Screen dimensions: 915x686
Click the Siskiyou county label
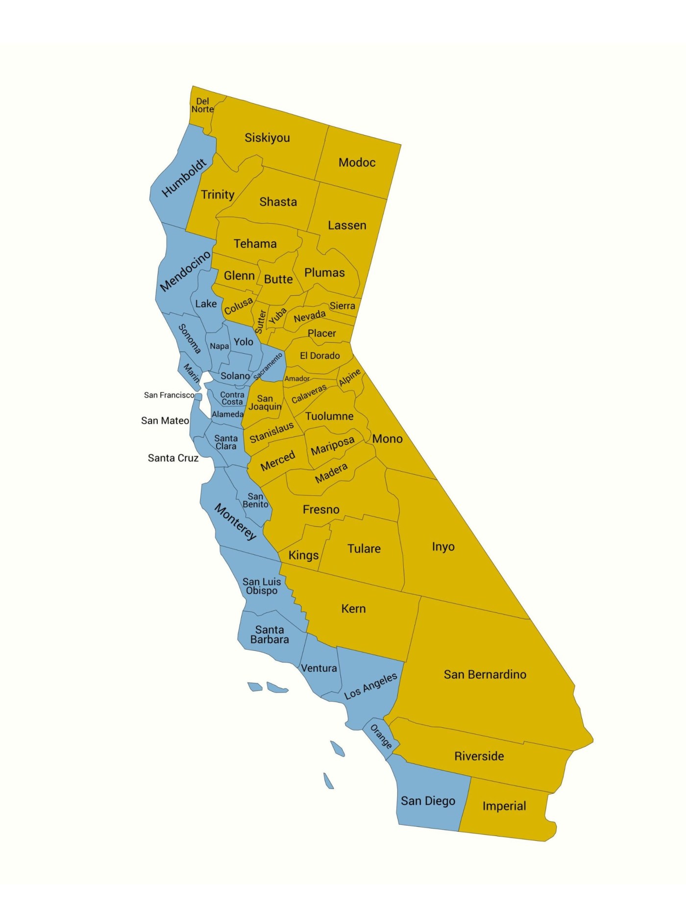(267, 138)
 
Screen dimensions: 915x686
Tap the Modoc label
(357, 162)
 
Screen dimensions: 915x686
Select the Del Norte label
(202, 105)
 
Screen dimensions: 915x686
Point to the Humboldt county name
(184, 178)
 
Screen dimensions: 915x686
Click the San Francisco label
(169, 395)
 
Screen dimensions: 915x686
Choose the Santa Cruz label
(173, 458)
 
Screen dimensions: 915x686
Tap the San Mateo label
(165, 421)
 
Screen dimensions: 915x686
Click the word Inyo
(443, 547)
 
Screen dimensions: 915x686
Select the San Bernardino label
(485, 675)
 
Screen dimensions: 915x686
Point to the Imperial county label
(504, 806)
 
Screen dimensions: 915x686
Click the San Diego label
(428, 801)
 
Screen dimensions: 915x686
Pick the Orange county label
(381, 737)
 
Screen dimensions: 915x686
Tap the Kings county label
(303, 555)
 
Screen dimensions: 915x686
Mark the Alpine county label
(350, 378)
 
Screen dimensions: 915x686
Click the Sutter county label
(260, 322)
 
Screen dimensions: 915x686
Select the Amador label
(297, 379)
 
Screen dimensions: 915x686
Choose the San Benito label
(255, 500)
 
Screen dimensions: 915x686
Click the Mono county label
(387, 439)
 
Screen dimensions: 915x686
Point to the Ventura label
(318, 668)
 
